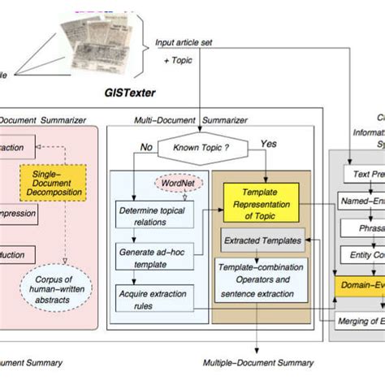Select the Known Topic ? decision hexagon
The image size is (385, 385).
click(200, 149)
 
